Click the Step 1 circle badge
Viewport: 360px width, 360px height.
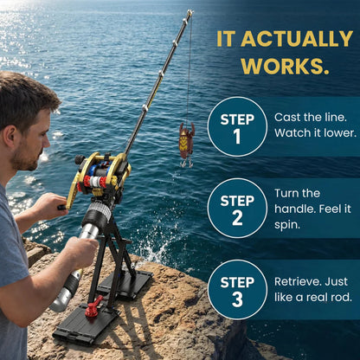237,126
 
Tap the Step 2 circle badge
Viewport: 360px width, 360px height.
237,208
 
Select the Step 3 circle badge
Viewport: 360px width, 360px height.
237,289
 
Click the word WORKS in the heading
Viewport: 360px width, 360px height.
284,66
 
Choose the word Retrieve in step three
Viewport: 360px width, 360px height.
299,281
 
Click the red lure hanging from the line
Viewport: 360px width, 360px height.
186,139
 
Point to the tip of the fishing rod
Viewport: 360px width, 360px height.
190,12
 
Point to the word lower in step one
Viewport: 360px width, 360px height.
339,132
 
